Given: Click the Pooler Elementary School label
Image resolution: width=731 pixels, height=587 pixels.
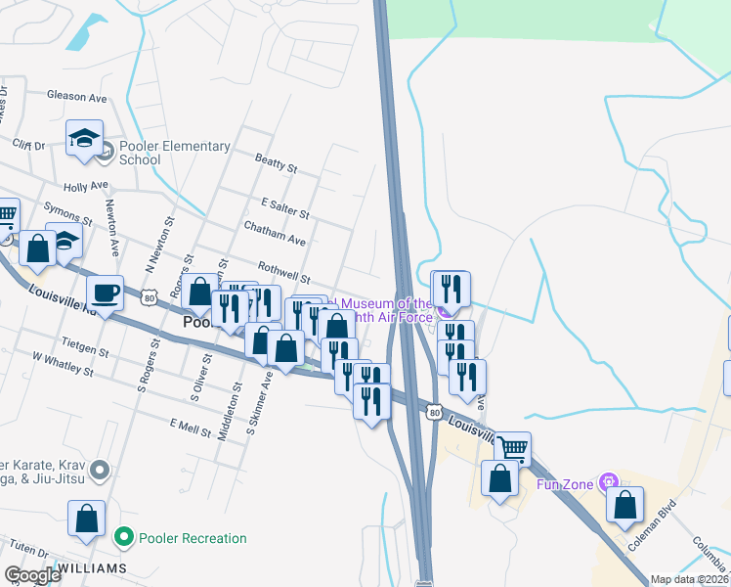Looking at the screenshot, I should [x=174, y=153].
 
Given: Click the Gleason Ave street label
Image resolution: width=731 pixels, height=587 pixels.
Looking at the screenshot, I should [x=77, y=97].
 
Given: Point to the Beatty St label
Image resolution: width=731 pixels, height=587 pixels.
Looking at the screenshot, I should [x=276, y=163].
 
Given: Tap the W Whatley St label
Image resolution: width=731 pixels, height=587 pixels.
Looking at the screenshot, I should [x=64, y=364].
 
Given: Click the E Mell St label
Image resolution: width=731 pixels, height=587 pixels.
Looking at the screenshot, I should [x=191, y=426].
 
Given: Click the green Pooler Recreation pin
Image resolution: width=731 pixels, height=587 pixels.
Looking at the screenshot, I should [x=123, y=537].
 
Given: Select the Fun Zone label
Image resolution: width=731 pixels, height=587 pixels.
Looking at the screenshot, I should [x=566, y=483].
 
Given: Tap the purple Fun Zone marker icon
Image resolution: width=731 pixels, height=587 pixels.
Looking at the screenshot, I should [x=611, y=481].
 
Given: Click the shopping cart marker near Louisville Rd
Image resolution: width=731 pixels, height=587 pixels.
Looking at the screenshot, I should [x=512, y=449].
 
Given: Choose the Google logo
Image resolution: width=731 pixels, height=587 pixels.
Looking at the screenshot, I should [x=32, y=575].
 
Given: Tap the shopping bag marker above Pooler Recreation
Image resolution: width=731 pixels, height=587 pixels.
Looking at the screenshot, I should [x=87, y=519].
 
